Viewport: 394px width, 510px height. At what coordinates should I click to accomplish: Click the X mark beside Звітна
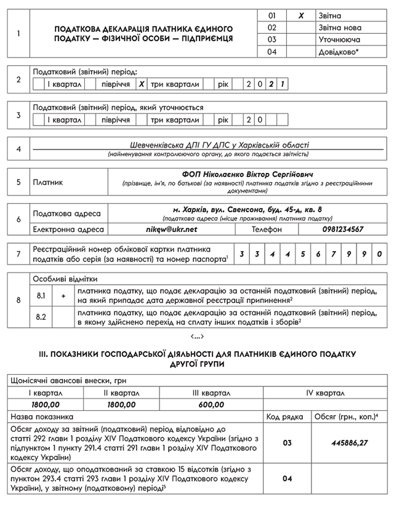click(301, 15)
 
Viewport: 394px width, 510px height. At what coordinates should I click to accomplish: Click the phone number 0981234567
click(342, 229)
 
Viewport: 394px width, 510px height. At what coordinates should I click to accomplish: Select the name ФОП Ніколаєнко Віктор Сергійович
click(250, 174)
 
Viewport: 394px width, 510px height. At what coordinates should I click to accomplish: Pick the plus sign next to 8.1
click(63, 296)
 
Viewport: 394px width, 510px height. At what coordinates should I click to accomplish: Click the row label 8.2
click(42, 317)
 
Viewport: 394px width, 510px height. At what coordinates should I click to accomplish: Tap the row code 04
click(287, 477)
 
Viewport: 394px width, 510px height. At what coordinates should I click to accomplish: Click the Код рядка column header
click(286, 416)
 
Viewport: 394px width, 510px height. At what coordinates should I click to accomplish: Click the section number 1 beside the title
click(18, 33)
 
